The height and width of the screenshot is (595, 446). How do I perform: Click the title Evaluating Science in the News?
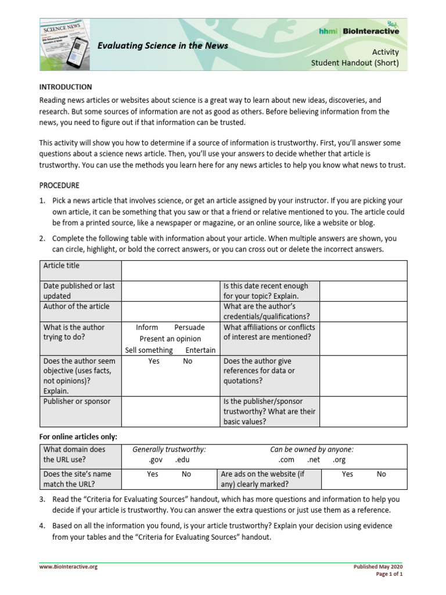(x=162, y=45)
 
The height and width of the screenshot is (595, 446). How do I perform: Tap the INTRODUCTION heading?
(x=65, y=87)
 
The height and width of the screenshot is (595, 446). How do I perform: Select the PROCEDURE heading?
(x=59, y=186)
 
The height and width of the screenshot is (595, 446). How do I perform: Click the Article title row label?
(x=62, y=266)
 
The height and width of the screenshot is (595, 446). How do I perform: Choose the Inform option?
(x=147, y=327)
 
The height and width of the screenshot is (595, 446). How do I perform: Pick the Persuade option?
(x=189, y=327)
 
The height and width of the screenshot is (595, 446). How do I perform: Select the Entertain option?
(x=200, y=350)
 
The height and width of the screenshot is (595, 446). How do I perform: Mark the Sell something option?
(x=149, y=350)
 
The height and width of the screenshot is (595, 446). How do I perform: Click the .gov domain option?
(x=156, y=460)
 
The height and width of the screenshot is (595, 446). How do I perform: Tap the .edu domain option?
(x=183, y=460)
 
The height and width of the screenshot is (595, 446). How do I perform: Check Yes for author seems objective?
(x=154, y=361)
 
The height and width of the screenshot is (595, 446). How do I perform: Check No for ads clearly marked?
(x=381, y=474)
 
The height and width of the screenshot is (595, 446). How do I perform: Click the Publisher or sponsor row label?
(x=77, y=402)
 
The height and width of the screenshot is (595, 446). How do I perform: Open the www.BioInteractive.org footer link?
(x=68, y=567)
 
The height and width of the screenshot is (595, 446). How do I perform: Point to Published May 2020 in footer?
(x=378, y=567)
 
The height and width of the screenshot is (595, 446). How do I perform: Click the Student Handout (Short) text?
(x=363, y=63)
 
